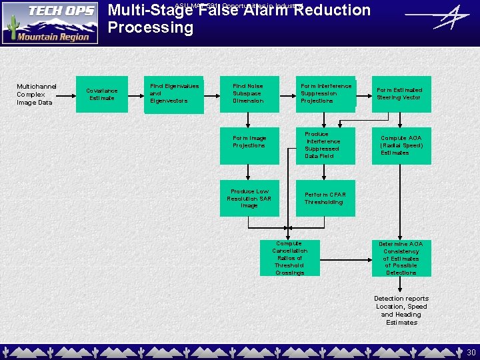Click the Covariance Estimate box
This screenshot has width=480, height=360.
(x=102, y=94)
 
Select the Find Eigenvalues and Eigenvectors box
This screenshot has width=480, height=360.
(x=174, y=94)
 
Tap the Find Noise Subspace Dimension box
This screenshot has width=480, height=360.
(x=249, y=94)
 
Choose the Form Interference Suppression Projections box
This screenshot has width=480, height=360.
(x=325, y=94)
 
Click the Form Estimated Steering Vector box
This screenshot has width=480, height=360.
(x=401, y=94)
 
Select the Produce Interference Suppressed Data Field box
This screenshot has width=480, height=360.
(x=325, y=145)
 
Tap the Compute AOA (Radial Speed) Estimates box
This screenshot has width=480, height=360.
(x=401, y=145)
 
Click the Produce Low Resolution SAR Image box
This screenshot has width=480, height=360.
(x=249, y=198)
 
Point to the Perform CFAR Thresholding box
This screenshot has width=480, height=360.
(x=325, y=198)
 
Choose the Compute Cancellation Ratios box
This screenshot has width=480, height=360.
(x=289, y=258)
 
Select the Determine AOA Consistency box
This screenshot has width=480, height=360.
(x=401, y=258)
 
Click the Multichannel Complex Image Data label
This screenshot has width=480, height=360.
(x=37, y=94)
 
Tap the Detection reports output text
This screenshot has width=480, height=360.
(x=401, y=311)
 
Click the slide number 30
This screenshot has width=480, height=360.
(x=471, y=352)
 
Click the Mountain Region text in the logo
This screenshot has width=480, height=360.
(x=53, y=37)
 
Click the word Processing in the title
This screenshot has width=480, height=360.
(x=150, y=28)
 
